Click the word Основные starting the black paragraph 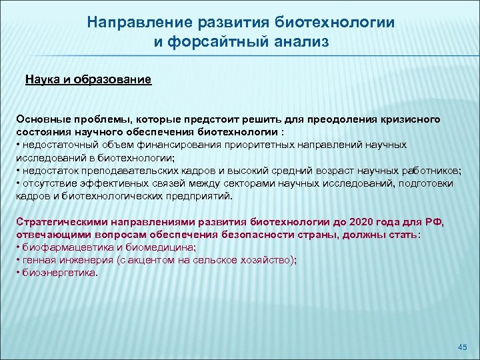[x=43, y=119]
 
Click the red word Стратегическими [x=59, y=222]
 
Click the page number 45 [x=463, y=347]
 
